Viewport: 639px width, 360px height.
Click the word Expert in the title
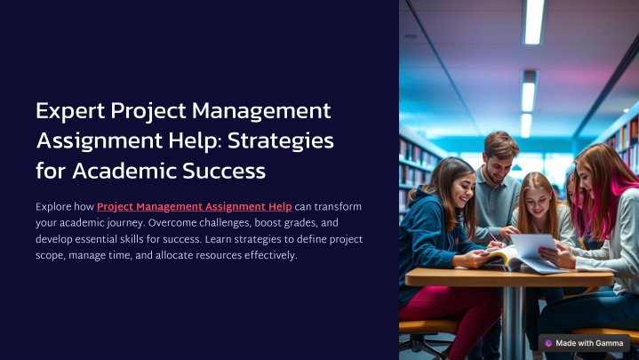point(70,111)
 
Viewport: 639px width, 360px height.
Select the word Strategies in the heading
point(281,141)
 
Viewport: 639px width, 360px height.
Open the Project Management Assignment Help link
point(195,207)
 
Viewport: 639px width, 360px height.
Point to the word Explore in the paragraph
point(53,207)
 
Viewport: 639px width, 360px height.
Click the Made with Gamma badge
point(584,343)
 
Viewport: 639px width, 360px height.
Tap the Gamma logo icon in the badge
point(548,343)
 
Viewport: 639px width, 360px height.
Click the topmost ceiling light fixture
point(534,21)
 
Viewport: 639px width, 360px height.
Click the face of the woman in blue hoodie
point(463,190)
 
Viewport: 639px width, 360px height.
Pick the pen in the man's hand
point(493,237)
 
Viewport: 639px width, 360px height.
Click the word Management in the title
point(261,111)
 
